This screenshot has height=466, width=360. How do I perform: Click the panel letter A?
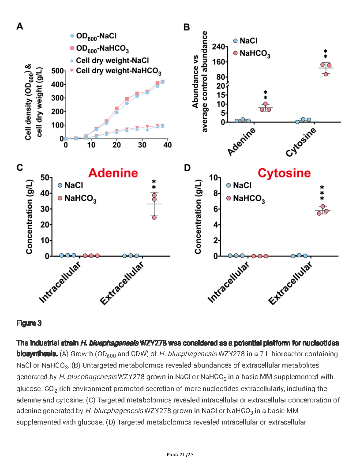pos(20,26)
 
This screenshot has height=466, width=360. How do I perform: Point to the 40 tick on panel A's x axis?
pos(167,145)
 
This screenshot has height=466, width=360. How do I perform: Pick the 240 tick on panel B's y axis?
pos(219,47)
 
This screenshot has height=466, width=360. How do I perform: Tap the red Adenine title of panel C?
pos(113,173)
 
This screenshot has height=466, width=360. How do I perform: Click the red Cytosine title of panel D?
pos(284,173)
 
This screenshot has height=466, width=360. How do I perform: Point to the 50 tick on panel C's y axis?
pos(44,177)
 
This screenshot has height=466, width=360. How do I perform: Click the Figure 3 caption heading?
pos(29,323)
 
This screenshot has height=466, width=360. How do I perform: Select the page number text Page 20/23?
pos(180,455)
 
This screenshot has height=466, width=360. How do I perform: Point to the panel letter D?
pos(187,168)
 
